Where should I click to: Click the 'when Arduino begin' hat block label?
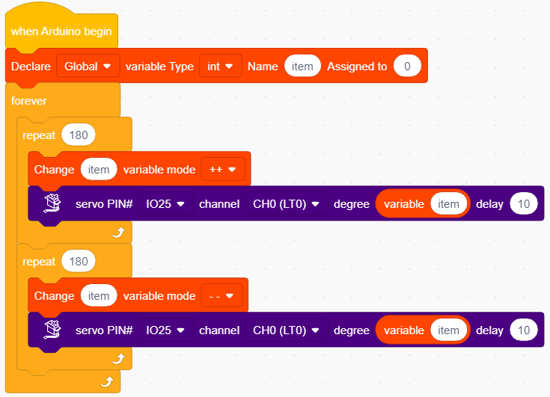coord(61,31)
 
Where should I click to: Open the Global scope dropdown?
coord(88,66)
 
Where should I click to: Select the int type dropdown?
coord(220,66)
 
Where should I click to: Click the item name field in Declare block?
coord(302,66)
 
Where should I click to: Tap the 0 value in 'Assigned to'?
coord(407,66)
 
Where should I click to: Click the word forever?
coord(28,101)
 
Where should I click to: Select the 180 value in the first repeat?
coord(79,135)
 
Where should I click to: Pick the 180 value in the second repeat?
coord(79,262)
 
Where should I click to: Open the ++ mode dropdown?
coord(223,169)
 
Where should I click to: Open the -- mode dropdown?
coord(221,296)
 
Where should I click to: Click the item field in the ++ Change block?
coord(99,169)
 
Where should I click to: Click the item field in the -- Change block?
coord(99,296)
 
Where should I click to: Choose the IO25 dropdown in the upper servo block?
coord(165,203)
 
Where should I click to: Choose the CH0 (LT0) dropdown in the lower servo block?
coord(286,330)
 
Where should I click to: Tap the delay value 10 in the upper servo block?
coord(524,203)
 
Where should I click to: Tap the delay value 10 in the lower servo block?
coord(524,330)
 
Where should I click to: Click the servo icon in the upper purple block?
coord(52,203)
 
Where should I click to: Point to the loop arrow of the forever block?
coord(107,381)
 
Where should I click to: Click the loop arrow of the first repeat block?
coord(119,232)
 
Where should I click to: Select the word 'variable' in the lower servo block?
coord(404,330)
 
